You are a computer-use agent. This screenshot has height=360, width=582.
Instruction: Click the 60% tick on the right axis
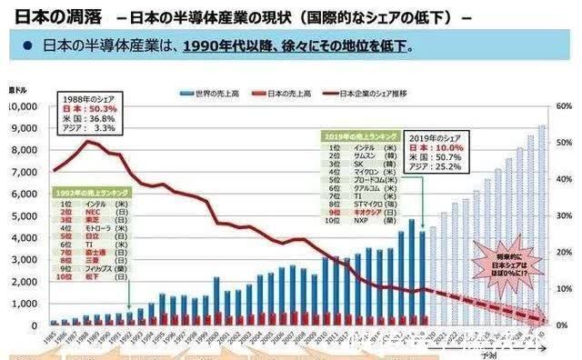[x=564, y=106]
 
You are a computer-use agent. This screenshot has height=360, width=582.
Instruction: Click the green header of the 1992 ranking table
[x=91, y=193]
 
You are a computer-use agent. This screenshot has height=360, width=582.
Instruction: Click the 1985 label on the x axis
[x=53, y=339]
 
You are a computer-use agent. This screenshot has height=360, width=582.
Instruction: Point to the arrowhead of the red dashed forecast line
[x=547, y=321]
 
